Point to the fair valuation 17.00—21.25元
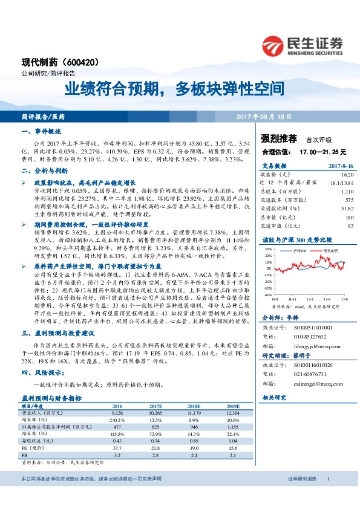click(315, 152)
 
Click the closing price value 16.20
click(347, 174)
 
